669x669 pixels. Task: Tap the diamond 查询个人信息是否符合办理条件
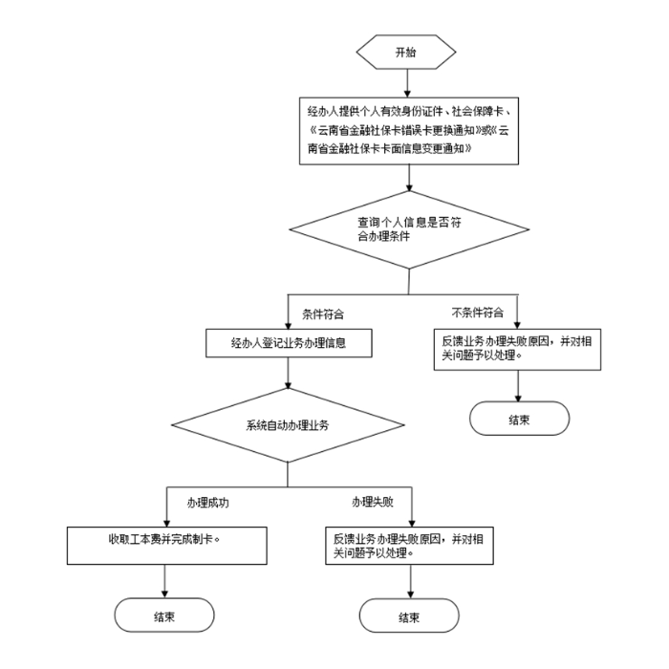click(x=408, y=228)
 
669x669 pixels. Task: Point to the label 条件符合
click(x=323, y=313)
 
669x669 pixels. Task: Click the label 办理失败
click(x=373, y=502)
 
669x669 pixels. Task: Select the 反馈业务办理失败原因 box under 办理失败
click(x=409, y=545)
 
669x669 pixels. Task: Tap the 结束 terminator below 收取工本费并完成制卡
click(x=165, y=615)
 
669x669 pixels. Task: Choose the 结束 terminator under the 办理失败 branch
click(x=409, y=615)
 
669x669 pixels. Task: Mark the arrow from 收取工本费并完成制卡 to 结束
click(x=165, y=580)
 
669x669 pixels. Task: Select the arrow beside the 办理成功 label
click(x=165, y=507)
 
